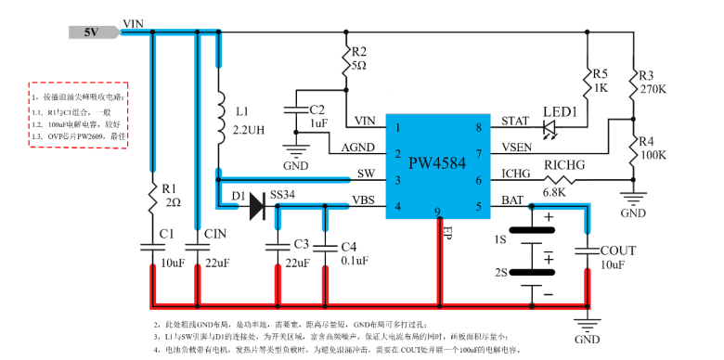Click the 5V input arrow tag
[x=93, y=32]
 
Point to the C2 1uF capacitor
[x=296, y=113]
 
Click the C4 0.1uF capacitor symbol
[x=325, y=246]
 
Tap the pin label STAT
[x=516, y=122]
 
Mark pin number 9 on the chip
[x=436, y=212]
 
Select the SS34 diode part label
[x=283, y=196]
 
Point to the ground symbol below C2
[x=296, y=150]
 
